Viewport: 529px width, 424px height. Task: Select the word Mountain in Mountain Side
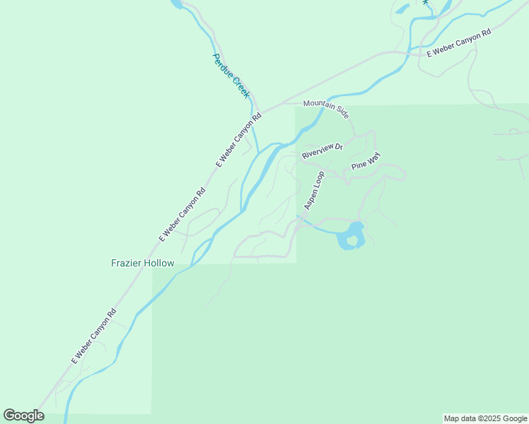[318, 105]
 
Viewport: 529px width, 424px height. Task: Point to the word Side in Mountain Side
[342, 111]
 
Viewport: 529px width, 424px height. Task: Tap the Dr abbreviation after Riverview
[339, 146]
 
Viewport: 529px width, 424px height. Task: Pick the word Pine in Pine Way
[359, 166]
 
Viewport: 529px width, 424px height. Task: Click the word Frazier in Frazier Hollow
[127, 263]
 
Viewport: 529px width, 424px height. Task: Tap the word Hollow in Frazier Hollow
[159, 263]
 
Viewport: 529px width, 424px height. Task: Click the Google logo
[23, 416]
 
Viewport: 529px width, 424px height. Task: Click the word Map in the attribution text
[451, 419]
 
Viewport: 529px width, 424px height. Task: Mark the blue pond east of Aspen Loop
[351, 236]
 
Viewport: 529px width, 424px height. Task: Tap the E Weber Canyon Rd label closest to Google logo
[93, 336]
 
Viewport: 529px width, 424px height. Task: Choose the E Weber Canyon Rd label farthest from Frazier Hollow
[458, 43]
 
